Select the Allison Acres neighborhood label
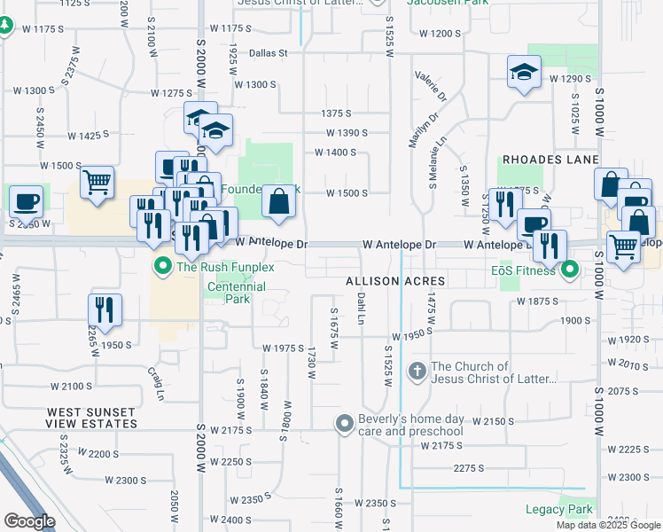[x=394, y=280]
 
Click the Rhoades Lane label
[x=538, y=160]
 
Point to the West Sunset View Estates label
[x=91, y=419]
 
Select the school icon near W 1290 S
[x=524, y=73]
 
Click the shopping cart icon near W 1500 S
[x=97, y=183]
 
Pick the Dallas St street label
[x=269, y=53]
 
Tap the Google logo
[x=28, y=521]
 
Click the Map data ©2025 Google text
[x=608, y=525]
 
